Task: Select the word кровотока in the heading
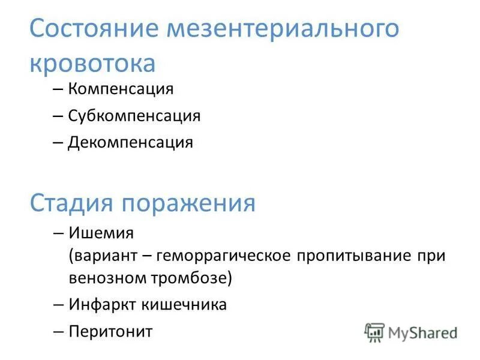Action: click(x=92, y=63)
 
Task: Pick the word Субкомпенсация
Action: click(x=134, y=115)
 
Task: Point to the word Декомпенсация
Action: click(x=130, y=142)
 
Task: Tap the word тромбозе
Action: click(x=193, y=278)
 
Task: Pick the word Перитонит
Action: click(x=110, y=331)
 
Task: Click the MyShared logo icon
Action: click(x=374, y=332)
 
